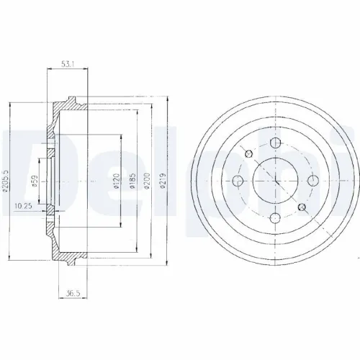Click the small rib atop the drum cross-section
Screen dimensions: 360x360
coord(73,96)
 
